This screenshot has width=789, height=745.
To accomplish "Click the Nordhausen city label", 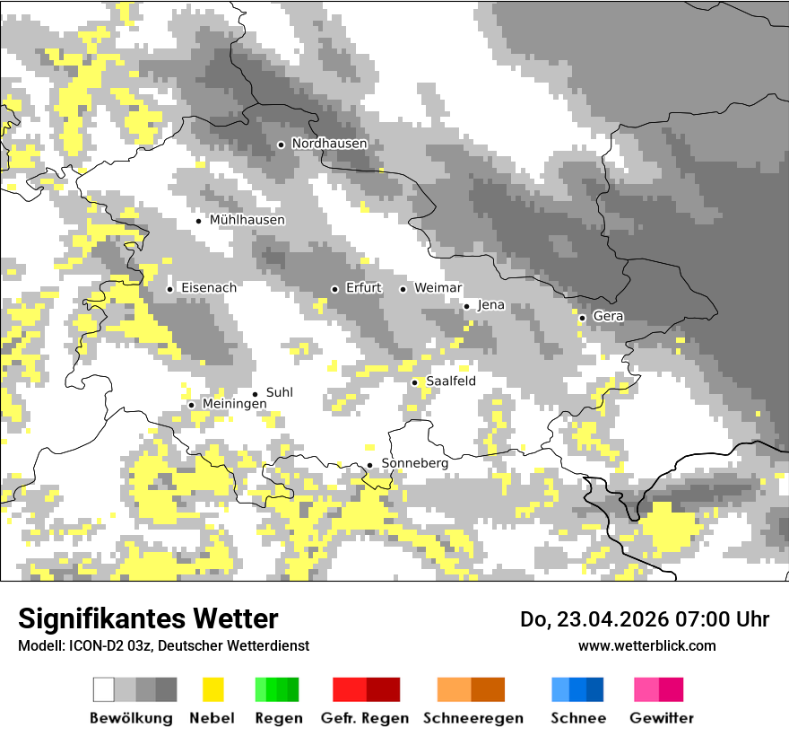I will point(329,144).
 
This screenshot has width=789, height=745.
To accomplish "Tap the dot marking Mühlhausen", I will point(199,221).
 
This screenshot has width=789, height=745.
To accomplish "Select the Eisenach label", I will point(208,288).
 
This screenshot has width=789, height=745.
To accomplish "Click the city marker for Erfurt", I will point(334,289).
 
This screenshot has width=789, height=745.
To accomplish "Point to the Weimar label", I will point(438,288).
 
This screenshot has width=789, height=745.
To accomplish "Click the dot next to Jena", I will point(466,306).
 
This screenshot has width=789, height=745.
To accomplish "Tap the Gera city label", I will point(608,317).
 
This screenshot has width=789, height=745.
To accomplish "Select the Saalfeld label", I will point(450,381).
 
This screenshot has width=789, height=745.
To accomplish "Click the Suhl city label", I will point(279,393).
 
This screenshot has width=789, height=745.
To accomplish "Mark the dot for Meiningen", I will point(191,405).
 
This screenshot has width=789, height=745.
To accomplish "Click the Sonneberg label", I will point(414,463).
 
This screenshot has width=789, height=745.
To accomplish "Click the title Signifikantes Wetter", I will point(148,618).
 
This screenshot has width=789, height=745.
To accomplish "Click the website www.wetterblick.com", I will point(646,645).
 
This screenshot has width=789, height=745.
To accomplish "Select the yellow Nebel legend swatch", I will point(212,689).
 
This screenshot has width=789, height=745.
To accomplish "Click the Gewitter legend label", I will point(661,718).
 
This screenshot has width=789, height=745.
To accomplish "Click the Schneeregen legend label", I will point(473,718).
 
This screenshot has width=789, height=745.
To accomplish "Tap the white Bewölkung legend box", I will point(104,689).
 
